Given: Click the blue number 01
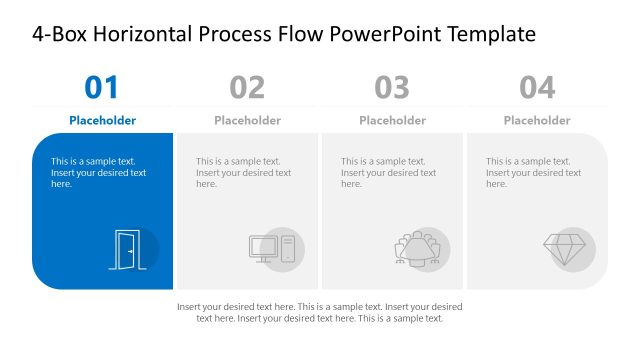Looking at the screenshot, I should [102, 88].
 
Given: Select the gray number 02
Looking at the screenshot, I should [247, 88].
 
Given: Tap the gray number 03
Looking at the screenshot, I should [392, 88].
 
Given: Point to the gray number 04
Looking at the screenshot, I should [537, 88].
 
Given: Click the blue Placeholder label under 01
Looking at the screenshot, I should [102, 120].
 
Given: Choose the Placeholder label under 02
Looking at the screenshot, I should [247, 120].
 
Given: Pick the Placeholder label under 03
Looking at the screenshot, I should [392, 120].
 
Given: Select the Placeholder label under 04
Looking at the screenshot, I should [537, 120].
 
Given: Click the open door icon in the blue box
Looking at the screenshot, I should [127, 249].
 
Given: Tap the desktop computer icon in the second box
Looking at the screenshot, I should [272, 248].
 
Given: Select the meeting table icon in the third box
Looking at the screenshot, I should [417, 249].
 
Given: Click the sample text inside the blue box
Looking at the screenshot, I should [98, 172].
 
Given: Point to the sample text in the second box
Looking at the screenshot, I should [243, 172].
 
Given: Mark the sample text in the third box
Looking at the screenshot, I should [388, 172].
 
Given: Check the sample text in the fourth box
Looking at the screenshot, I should [533, 172].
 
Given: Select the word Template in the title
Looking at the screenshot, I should [491, 35].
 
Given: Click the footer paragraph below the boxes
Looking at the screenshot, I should [319, 312].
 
